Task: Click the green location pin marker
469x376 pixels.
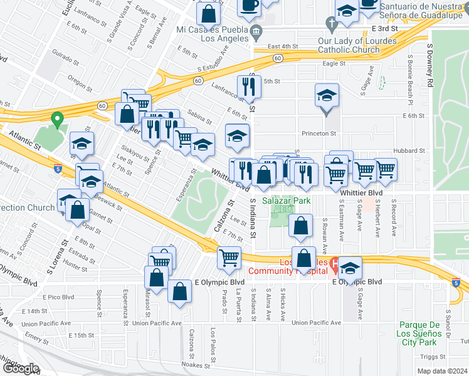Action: pos(57,118)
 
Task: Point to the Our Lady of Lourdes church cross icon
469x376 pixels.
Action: pos(332,23)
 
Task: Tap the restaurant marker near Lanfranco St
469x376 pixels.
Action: pos(249,87)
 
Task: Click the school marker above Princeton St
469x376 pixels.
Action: pos(327,95)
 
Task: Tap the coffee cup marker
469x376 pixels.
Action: pos(250,4)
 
